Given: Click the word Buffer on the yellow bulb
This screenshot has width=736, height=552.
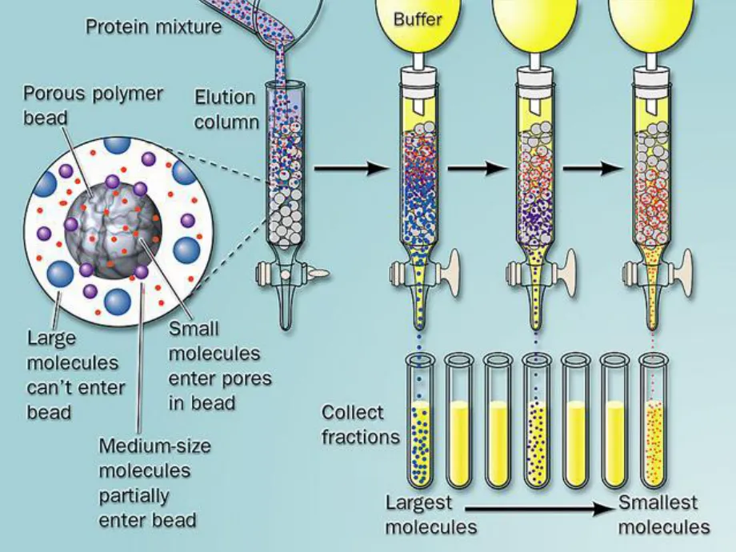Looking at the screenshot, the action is coord(418,19).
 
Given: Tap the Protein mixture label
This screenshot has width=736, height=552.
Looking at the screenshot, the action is coord(154,26).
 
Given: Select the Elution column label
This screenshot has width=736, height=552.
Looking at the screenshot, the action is coord(226,110).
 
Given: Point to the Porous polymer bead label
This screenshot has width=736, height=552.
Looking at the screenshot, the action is coord(93,105).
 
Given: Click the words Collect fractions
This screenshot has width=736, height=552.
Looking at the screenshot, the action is coord(360,425).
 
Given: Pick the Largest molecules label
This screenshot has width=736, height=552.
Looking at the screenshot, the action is coord(431,514).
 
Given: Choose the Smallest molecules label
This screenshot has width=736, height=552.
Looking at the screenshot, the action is coord(664,514).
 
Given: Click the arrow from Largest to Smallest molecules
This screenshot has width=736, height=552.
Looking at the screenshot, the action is coord(541,508).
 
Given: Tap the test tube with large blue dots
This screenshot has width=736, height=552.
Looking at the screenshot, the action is coord(420,421).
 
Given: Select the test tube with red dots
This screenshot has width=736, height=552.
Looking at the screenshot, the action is coord(654,421).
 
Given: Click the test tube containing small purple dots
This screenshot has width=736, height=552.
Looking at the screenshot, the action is coord(537,421).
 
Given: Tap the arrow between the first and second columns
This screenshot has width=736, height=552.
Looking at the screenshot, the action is coord(352,167).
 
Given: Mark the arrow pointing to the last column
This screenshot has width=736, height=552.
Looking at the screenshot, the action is coord(594,167).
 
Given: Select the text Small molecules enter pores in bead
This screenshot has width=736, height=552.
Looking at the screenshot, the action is coord(220,366).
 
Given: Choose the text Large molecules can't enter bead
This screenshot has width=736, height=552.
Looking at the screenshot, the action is coord(76,375).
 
